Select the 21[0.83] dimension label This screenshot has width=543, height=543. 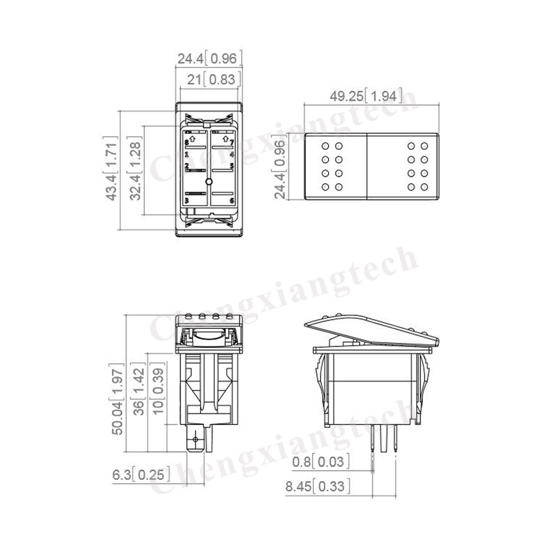[212, 80]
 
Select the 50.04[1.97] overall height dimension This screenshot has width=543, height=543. [117, 400]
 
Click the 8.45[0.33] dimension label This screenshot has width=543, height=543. [317, 486]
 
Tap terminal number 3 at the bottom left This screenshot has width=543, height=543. [187, 200]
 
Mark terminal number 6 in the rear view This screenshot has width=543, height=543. [232, 200]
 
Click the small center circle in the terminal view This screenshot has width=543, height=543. [209, 181]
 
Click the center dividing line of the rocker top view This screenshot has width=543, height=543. [369, 167]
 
